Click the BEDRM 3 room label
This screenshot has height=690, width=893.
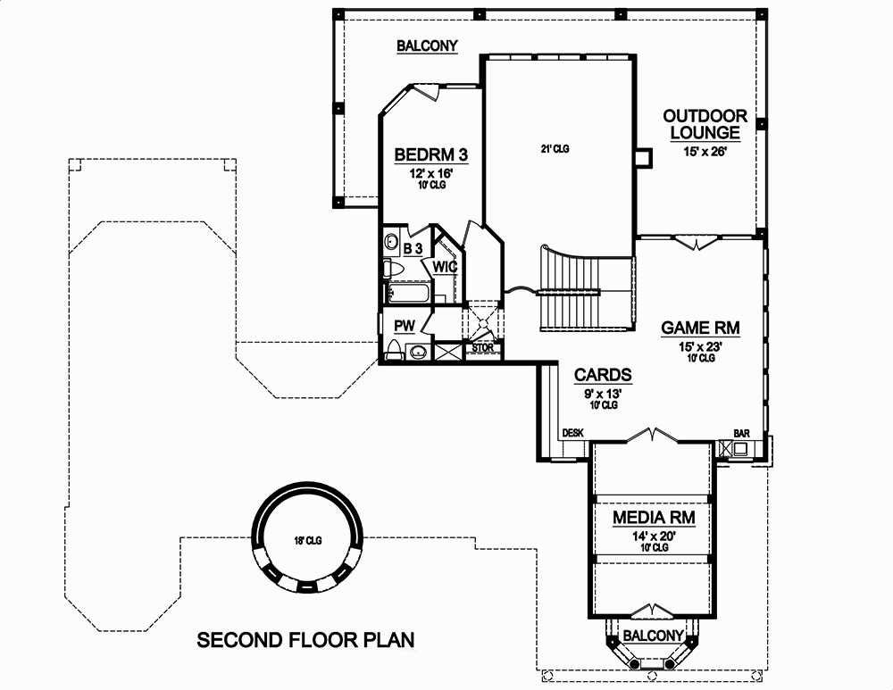[431, 155]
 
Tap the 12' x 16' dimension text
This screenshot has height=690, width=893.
[431, 173]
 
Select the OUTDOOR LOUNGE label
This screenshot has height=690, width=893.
[705, 124]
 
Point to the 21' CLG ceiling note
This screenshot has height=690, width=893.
[555, 149]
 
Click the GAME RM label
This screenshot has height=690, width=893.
[700, 328]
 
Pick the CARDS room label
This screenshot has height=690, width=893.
[603, 375]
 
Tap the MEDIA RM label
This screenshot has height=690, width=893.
[654, 517]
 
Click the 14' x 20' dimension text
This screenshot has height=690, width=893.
[654, 536]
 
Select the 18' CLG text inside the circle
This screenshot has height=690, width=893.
[307, 540]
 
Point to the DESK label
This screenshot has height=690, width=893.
[572, 433]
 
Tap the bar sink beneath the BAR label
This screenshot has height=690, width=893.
[741, 449]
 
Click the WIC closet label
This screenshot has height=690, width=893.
[446, 267]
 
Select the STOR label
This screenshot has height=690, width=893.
[482, 347]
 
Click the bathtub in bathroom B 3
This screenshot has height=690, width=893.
[408, 291]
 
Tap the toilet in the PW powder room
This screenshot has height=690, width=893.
[394, 350]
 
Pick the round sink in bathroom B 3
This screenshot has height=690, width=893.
[392, 241]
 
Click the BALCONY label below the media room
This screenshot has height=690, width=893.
[653, 636]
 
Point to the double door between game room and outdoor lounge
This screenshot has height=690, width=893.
[696, 242]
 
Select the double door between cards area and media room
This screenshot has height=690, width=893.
[654, 435]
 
